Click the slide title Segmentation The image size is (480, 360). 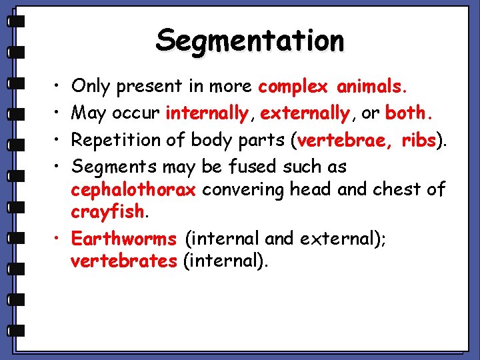[x=250, y=41]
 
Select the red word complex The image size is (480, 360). [x=293, y=87]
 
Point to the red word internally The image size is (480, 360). [x=207, y=113]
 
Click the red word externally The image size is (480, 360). [x=305, y=113]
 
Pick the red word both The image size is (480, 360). [x=409, y=113]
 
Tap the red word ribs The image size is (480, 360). [x=418, y=140]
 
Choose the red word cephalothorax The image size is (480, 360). [x=133, y=189]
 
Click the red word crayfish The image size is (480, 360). [x=107, y=212]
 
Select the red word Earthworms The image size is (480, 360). [x=124, y=238]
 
